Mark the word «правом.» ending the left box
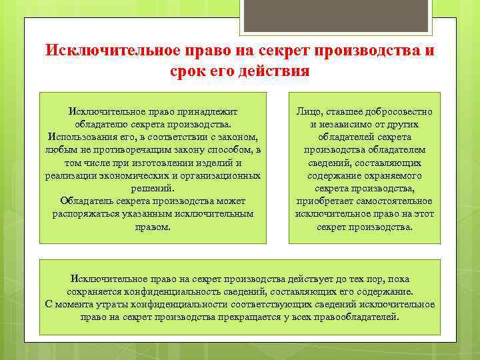[153, 226]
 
